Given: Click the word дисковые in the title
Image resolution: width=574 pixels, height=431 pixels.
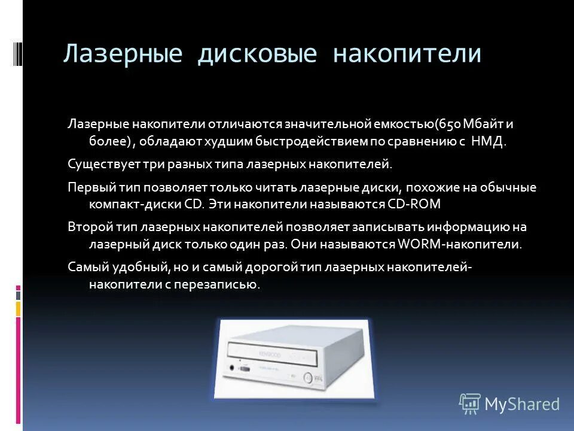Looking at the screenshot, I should pyautogui.click(x=257, y=54).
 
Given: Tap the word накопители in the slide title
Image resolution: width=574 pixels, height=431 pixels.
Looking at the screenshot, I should pyautogui.click(x=407, y=54).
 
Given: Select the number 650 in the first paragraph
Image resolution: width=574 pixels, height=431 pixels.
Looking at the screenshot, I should pyautogui.click(x=449, y=125).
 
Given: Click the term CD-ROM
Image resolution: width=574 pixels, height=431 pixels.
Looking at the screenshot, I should pyautogui.click(x=414, y=204).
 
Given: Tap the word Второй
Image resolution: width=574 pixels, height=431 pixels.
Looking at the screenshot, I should pyautogui.click(x=88, y=227).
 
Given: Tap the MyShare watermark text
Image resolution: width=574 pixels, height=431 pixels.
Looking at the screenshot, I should pyautogui.click(x=521, y=404).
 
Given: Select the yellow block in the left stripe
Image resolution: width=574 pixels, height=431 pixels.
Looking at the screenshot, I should pyautogui.click(x=19, y=308).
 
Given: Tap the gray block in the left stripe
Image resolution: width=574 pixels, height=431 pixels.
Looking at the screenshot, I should pyautogui.click(x=19, y=295).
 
